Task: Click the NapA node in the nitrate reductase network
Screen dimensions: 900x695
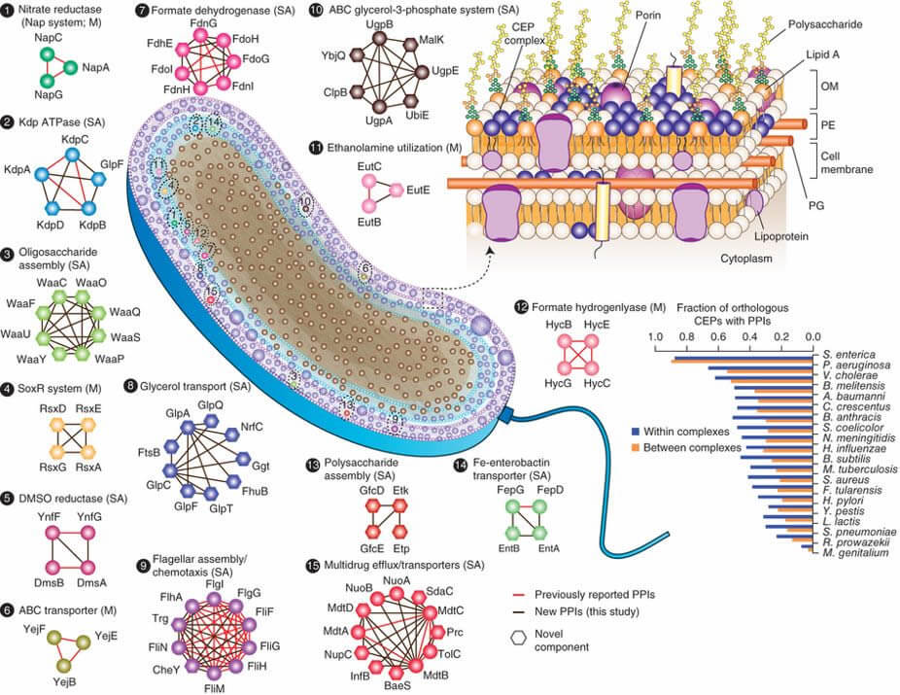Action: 70,67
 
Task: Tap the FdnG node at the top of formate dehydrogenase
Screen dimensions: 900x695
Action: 201,36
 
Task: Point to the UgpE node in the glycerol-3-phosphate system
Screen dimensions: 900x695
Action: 423,72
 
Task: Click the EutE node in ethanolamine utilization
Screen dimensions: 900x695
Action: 396,190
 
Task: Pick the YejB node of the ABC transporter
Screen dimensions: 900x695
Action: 64,665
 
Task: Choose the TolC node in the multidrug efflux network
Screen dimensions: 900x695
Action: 430,652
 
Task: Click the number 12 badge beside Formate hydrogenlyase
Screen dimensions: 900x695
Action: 522,307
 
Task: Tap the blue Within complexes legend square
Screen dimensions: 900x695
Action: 635,431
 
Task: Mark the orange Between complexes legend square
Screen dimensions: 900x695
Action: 635,447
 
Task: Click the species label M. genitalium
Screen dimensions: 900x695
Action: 855,553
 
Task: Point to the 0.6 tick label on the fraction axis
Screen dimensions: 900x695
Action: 718,336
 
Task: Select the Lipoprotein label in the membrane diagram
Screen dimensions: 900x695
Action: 781,236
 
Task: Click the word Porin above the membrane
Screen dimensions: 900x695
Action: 648,15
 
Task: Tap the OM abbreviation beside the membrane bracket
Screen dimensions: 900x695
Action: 829,87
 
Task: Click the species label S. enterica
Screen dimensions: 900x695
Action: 848,355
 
